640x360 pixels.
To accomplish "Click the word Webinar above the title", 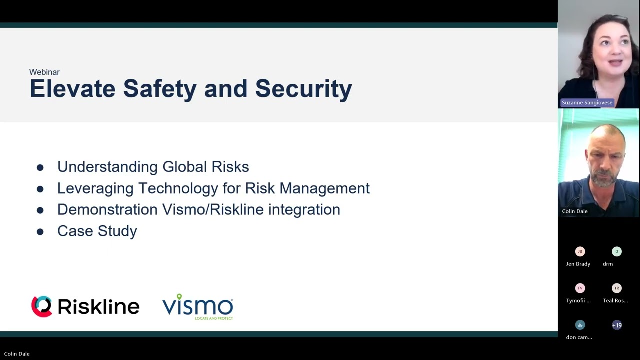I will [44, 72].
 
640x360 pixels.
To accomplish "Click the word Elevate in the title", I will [72, 89].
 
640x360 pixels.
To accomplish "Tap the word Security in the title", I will [303, 89].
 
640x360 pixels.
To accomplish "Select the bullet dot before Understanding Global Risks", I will [40, 168].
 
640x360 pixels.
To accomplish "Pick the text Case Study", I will [97, 231].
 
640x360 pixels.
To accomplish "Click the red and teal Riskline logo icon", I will [42, 306].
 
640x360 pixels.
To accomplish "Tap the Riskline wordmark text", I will [98, 306].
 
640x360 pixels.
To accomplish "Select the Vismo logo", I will [198, 306].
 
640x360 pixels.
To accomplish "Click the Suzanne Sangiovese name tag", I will [587, 103].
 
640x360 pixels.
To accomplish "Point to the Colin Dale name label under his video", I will [574, 211].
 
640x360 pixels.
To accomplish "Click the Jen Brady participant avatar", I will [580, 251].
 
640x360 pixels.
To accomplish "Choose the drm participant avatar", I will [616, 251].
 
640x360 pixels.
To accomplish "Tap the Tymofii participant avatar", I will [580, 288].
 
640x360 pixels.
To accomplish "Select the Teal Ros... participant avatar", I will [616, 288].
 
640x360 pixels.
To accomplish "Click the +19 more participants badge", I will [617, 325].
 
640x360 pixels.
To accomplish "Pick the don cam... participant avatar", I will [580, 325].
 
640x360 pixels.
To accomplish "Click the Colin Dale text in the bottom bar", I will [17, 354].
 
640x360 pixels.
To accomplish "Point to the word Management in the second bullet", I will [324, 188].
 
